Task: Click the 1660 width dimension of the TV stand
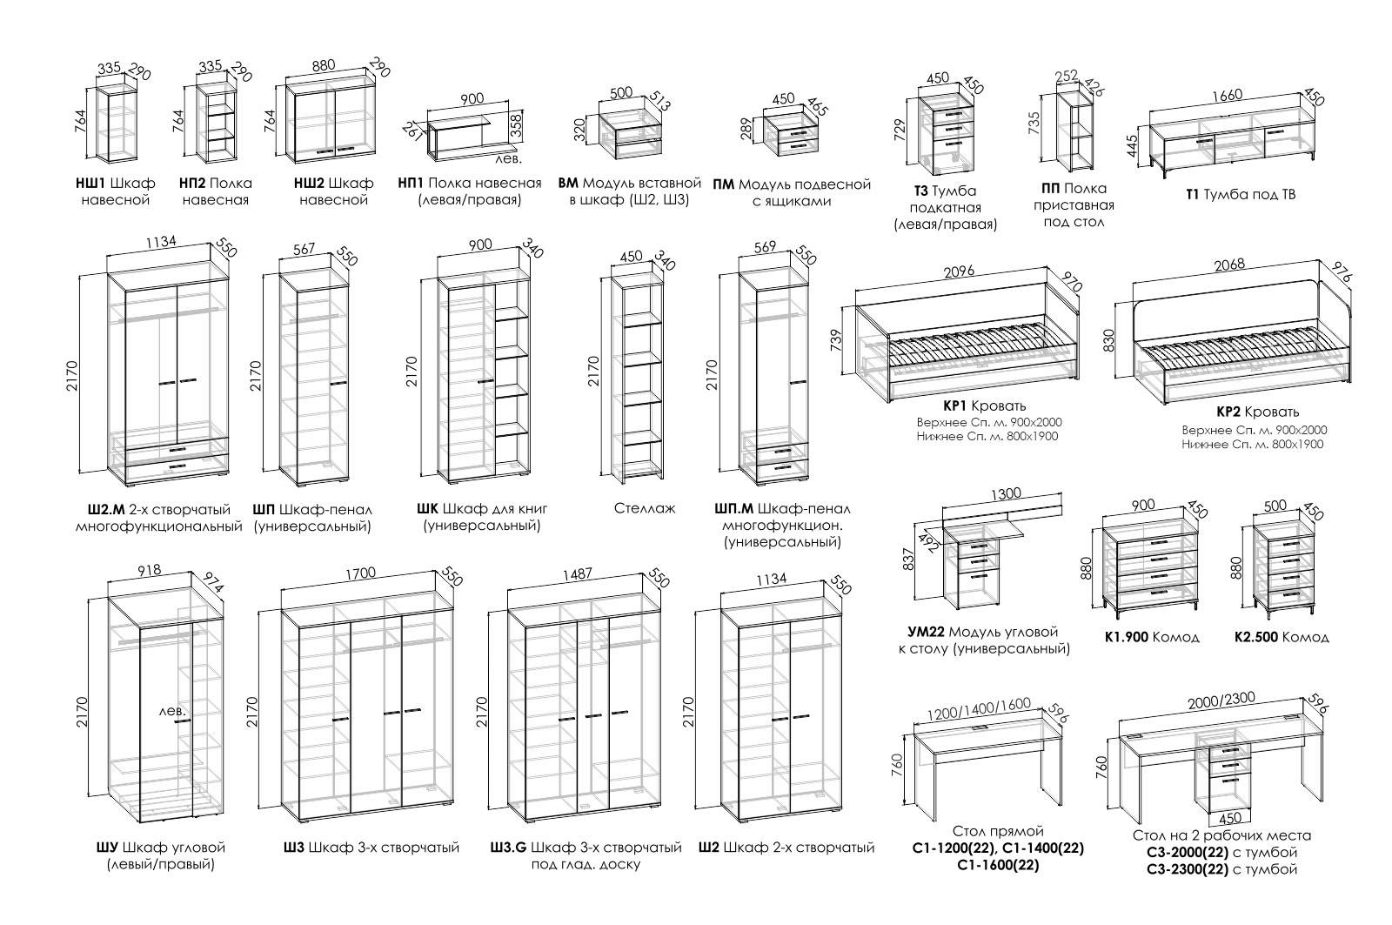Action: tap(1228, 95)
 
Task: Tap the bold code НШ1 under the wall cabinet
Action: tap(90, 184)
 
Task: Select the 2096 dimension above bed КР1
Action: tap(959, 271)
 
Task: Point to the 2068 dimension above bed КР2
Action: tap(1228, 265)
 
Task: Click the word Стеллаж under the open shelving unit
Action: tap(644, 508)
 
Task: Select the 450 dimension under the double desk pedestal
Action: tap(1230, 818)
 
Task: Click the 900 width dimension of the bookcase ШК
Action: tap(479, 245)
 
